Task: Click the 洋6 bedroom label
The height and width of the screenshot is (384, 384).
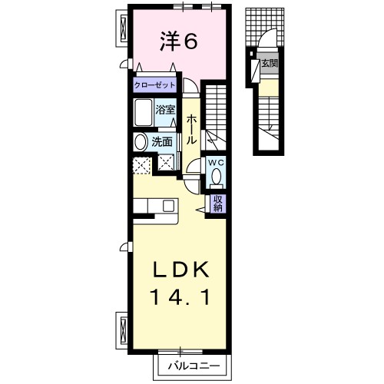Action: [x=179, y=41]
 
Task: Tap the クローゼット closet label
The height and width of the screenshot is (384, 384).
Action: [x=154, y=85]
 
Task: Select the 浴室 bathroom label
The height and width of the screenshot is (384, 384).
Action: [x=165, y=110]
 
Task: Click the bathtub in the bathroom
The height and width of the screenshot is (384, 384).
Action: [x=144, y=112]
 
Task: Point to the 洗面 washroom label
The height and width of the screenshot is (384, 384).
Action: [x=162, y=142]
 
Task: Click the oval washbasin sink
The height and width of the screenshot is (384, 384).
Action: [x=141, y=142]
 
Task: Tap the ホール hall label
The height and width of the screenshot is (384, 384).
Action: [x=191, y=130]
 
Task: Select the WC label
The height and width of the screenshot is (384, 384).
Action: [x=216, y=163]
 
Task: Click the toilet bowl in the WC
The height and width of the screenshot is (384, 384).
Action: [x=217, y=177]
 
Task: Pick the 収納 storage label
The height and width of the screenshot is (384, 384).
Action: [x=217, y=204]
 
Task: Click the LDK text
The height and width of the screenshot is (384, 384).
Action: [x=180, y=270]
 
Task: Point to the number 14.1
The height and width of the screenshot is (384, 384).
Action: [x=181, y=297]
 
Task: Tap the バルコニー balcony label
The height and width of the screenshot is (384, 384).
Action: [x=194, y=366]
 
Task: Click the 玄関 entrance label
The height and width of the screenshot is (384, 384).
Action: [x=270, y=63]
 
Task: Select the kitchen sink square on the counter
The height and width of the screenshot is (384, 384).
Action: [x=169, y=205]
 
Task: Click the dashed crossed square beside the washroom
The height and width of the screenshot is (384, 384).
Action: [x=141, y=166]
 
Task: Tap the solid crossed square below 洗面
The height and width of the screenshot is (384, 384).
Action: [x=166, y=163]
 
